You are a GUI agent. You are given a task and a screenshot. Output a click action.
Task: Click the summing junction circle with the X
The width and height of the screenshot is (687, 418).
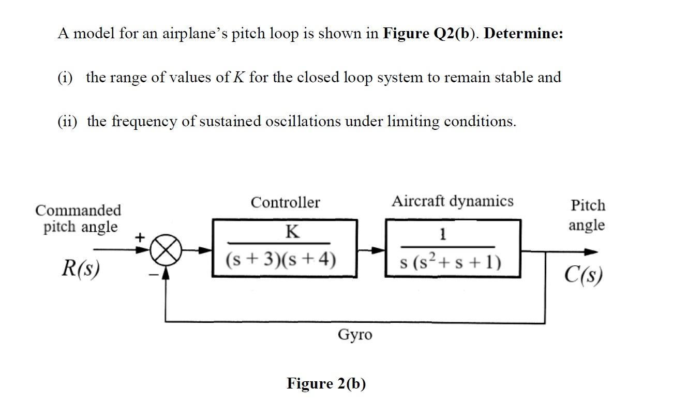pyautogui.click(x=167, y=251)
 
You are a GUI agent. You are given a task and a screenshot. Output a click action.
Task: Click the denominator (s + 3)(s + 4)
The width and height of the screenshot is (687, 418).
pyautogui.click(x=281, y=259)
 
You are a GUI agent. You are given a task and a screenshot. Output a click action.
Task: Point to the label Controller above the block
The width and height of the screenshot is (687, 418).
pyautogui.click(x=285, y=202)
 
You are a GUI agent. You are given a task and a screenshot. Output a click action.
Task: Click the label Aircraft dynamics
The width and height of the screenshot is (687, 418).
pyautogui.click(x=452, y=201)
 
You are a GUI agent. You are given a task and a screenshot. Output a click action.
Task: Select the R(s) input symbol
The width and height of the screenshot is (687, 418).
pyautogui.click(x=81, y=268)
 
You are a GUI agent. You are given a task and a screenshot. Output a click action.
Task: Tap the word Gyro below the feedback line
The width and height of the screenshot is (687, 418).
pyautogui.click(x=354, y=335)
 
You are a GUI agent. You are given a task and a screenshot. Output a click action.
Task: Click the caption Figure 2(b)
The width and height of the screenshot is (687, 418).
pyautogui.click(x=326, y=383)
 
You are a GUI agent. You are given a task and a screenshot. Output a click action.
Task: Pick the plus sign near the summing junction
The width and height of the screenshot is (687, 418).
pyautogui.click(x=139, y=237)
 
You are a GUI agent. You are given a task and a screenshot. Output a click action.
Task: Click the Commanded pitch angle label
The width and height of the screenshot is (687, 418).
pyautogui.click(x=79, y=218)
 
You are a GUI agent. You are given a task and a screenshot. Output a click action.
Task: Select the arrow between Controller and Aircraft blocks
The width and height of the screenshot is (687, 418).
pyautogui.click(x=371, y=250)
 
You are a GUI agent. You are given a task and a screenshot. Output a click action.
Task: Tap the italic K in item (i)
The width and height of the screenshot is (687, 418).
pyautogui.click(x=239, y=78)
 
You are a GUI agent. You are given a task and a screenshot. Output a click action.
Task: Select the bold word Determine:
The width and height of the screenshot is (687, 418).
pyautogui.click(x=524, y=34)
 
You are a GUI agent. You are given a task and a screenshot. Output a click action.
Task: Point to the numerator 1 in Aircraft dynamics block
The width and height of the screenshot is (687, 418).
pyautogui.click(x=441, y=235)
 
